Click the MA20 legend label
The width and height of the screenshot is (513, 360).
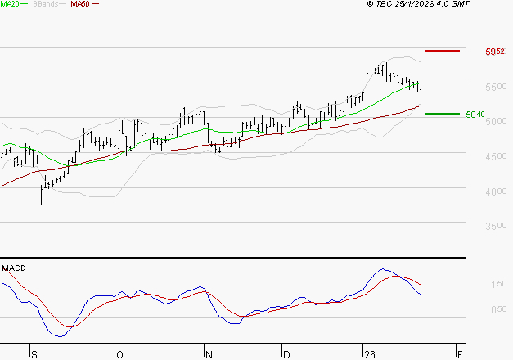10,4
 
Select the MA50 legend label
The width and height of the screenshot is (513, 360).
80,4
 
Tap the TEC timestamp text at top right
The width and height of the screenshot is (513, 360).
420,4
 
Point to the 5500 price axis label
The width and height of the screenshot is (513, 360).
495,87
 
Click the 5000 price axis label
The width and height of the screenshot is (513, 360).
495,122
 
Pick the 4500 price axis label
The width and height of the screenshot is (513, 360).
495,156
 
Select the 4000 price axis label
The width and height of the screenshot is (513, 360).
495,191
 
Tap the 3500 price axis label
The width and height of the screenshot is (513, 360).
495,227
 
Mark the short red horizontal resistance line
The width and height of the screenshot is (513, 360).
443,51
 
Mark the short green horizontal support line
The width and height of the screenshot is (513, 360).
442,114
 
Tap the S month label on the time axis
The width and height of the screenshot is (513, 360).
34,354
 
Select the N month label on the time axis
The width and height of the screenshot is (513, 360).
209,354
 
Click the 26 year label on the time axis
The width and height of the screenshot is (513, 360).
369,354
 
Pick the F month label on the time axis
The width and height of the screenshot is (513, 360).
460,354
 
